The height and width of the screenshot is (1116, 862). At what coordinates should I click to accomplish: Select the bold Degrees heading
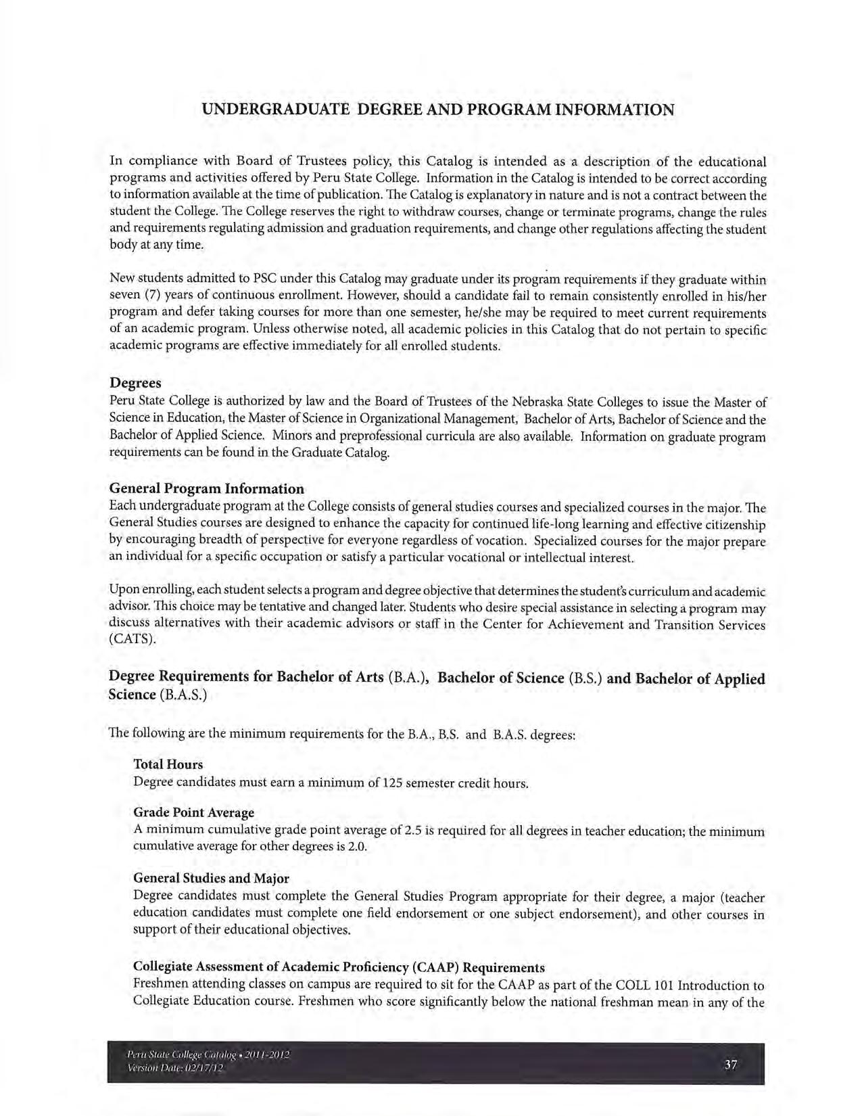(x=135, y=383)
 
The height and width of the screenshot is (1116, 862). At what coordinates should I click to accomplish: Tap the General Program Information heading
(x=206, y=488)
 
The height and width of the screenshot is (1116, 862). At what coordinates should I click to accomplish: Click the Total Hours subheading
(x=168, y=764)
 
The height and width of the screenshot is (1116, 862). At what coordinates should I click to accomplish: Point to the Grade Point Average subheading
(x=193, y=812)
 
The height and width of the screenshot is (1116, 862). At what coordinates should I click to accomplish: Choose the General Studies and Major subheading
(x=211, y=878)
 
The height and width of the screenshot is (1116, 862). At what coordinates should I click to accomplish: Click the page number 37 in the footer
(x=730, y=1065)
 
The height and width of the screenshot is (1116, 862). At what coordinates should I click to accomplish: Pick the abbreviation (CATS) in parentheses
(x=133, y=640)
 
